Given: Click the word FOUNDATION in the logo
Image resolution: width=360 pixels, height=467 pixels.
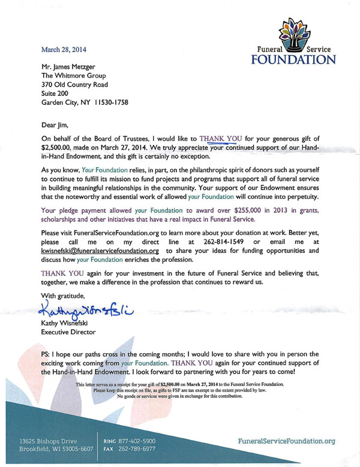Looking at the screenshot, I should point(293,60).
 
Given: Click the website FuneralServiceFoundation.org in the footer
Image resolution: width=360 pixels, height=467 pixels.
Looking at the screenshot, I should point(286,441).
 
